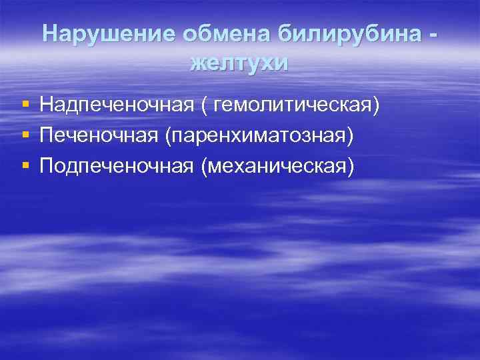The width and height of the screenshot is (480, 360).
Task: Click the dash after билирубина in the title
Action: pos(435,35)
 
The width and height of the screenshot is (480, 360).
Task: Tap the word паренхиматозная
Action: pos(258,135)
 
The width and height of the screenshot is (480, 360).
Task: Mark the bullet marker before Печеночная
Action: pos(25,136)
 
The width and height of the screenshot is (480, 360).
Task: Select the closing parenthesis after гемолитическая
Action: pos(377,105)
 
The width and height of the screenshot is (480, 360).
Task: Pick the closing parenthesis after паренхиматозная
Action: pos(351,136)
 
